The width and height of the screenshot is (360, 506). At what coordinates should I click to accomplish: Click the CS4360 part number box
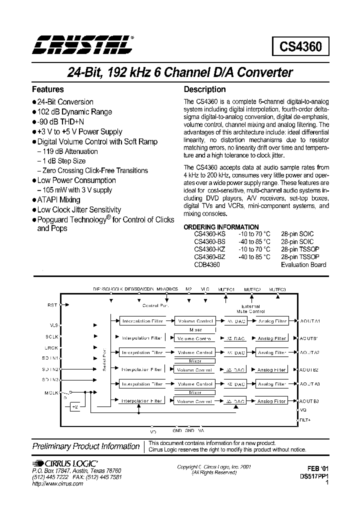coord(300,47)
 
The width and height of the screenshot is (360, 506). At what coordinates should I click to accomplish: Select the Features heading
coord(48,89)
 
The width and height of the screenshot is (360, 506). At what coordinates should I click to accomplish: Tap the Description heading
coord(205,89)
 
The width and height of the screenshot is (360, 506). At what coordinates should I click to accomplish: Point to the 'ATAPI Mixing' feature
coord(58,199)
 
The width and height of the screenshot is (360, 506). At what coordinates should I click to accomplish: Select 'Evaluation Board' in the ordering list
coord(303,264)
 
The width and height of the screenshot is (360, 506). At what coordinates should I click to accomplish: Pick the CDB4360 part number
coord(206,264)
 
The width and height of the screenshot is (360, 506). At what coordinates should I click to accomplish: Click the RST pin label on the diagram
coord(52,304)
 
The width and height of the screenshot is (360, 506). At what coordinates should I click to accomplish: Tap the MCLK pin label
coord(51,392)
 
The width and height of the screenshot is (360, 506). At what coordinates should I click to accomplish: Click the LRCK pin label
coord(51,347)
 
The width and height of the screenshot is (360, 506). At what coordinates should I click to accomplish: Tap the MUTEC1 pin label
coord(226,289)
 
